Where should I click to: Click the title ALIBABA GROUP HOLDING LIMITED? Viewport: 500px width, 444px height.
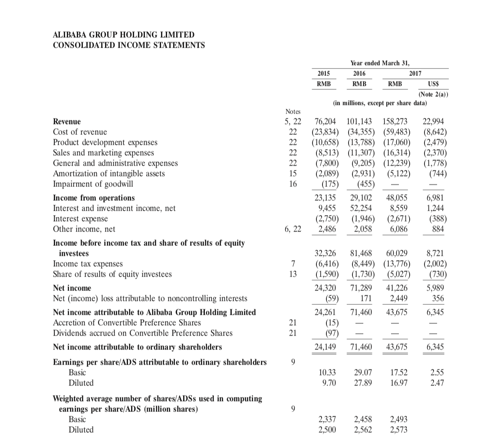click(x=124, y=35)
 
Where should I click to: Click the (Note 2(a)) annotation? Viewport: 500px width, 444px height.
click(x=433, y=94)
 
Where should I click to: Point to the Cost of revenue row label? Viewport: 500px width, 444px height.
click(x=80, y=132)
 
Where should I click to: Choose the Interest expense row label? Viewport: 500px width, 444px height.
click(x=80, y=219)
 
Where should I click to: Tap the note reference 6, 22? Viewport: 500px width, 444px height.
click(x=293, y=229)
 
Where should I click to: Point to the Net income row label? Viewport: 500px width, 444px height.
click(x=72, y=288)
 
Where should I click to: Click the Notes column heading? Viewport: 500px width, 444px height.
click(x=293, y=112)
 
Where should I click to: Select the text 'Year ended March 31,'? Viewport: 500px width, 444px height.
click(x=380, y=63)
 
